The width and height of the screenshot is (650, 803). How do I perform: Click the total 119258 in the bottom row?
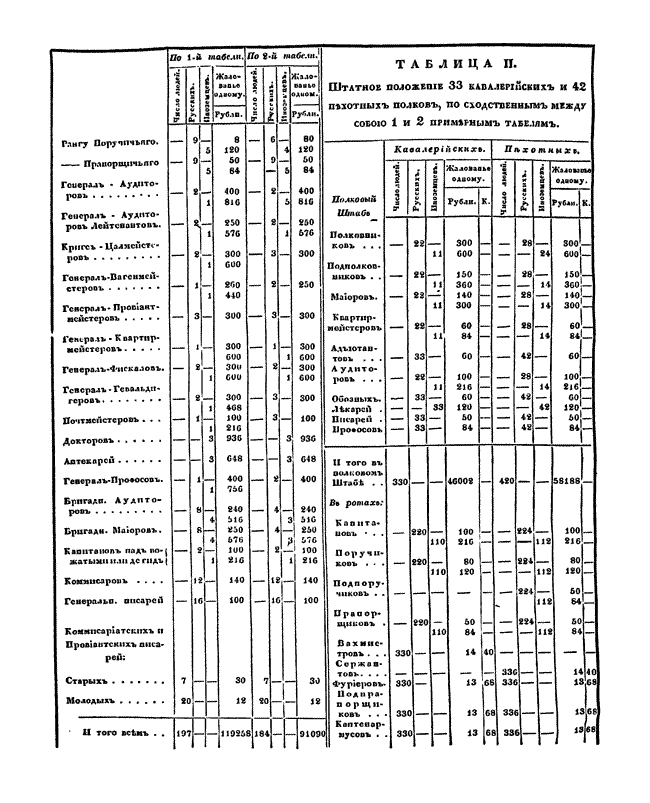(x=232, y=746)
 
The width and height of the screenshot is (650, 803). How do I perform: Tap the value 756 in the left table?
(x=235, y=489)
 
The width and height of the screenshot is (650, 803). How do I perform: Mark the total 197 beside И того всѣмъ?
(x=180, y=746)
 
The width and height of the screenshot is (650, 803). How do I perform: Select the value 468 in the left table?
(x=235, y=408)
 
